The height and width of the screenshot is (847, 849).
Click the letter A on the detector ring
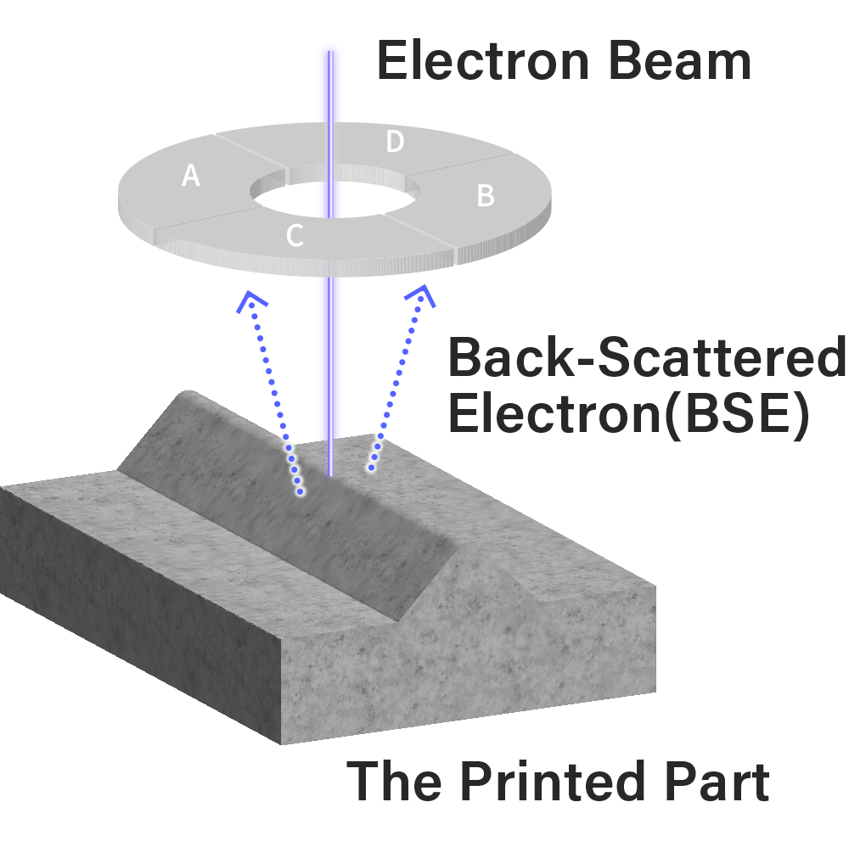coord(191,176)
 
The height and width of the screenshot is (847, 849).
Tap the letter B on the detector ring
coord(486,195)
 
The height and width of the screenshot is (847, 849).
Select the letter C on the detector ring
coord(295,236)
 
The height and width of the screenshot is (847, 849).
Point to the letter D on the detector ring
coord(395,143)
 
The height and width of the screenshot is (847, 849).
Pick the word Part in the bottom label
coord(722,782)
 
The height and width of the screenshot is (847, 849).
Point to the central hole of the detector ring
coord(330,197)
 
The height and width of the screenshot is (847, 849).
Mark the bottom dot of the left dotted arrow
coord(300,491)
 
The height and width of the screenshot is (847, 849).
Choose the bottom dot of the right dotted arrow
coord(371,467)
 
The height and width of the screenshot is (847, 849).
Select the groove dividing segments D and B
coord(463,162)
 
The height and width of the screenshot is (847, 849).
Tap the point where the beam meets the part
coord(330,475)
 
